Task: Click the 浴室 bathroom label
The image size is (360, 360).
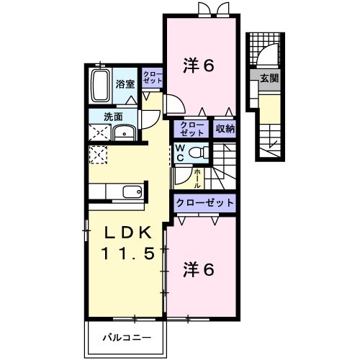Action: (126, 84)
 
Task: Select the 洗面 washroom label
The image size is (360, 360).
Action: (112, 116)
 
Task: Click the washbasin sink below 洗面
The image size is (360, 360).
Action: (125, 132)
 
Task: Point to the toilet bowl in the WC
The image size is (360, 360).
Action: (201, 153)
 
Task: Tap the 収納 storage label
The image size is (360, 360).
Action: (225, 129)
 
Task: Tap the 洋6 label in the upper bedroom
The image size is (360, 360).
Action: (199, 66)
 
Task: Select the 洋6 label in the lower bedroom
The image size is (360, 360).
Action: (199, 270)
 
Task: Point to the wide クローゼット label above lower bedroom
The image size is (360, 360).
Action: (204, 203)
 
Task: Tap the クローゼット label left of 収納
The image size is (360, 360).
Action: (192, 129)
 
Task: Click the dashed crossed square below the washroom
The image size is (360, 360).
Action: (96, 154)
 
